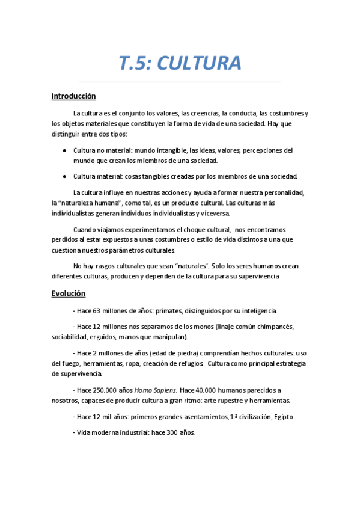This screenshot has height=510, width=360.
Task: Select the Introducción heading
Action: (73, 96)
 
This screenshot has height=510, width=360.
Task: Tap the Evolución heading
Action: (69, 293)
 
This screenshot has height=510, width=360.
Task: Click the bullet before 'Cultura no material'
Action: (64, 150)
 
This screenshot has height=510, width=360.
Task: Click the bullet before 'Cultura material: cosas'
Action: (64, 176)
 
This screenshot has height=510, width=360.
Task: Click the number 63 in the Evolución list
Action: (98, 311)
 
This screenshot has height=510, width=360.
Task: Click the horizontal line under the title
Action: (180, 82)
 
